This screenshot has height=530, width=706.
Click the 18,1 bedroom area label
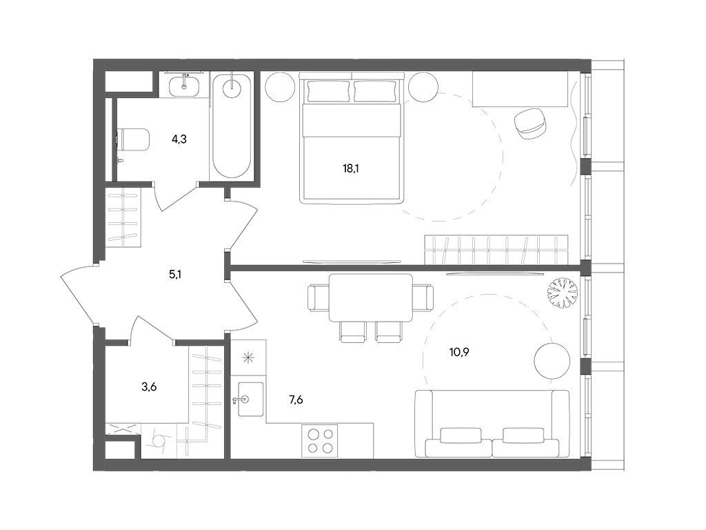pyautogui.click(x=350, y=169)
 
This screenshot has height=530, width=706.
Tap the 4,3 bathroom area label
pyautogui.click(x=179, y=139)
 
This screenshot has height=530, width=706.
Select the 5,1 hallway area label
pyautogui.click(x=175, y=274)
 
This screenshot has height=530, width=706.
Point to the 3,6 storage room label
pyautogui.click(x=149, y=386)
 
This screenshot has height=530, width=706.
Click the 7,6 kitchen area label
pyautogui.click(x=295, y=400)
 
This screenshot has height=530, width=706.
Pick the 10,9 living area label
pyautogui.click(x=459, y=352)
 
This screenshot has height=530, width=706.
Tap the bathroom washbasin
pyautogui.click(x=185, y=84)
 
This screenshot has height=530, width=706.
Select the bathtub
pyautogui.click(x=232, y=127)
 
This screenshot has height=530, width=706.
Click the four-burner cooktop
pyautogui.click(x=320, y=441)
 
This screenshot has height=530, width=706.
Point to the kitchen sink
pyautogui.click(x=250, y=400)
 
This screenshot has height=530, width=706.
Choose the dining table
pyautogui.click(x=370, y=297)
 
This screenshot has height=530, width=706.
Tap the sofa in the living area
pyautogui.click(x=492, y=424)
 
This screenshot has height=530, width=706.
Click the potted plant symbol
pyautogui.click(x=562, y=293)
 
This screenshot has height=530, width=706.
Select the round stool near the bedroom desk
pyautogui.click(x=532, y=124)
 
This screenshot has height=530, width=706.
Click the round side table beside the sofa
pyautogui.click(x=552, y=360)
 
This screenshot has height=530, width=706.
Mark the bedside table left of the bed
pyautogui.click(x=280, y=87)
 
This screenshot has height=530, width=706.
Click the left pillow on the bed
pyautogui.click(x=328, y=92)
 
